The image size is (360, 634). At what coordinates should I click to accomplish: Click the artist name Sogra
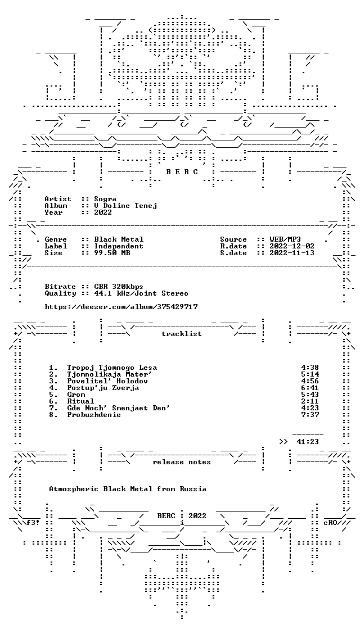pos(105,199)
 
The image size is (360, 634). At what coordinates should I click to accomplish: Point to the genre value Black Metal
pos(119,239)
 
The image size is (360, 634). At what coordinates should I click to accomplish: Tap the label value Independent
pos(119,246)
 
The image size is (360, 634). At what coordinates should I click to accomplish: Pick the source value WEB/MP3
pos(285,239)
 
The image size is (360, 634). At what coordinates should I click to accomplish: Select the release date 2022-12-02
pos(292,246)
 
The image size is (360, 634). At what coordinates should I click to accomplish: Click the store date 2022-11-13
pos(292,253)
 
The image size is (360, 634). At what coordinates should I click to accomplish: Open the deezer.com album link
pos(121,307)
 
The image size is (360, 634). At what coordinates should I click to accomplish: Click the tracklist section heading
pos(182,334)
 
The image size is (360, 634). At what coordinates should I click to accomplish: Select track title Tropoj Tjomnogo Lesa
pos(112,368)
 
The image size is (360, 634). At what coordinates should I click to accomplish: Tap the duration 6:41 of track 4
pos(310,388)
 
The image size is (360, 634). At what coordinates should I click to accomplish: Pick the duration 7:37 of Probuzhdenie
pos(310,415)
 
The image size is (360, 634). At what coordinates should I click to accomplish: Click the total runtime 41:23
pos(308,442)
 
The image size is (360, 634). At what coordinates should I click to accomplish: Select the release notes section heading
pos(182,462)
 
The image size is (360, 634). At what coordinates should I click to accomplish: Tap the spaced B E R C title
pos(182,172)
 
